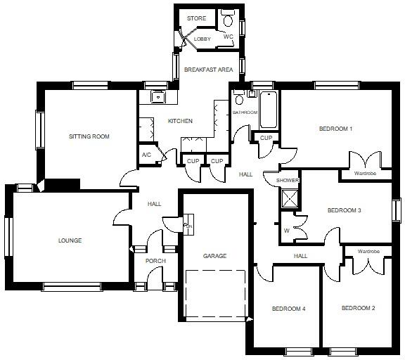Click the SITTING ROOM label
[89, 136]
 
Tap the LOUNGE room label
[70, 240]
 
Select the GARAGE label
[214, 256]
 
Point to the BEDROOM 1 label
[335, 129]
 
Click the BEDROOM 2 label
[358, 308]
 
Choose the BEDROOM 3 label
[345, 210]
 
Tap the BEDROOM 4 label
[289, 309]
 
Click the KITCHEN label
[180, 121]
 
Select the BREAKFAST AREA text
[208, 70]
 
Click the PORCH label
[155, 262]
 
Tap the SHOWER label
[288, 181]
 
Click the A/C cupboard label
[146, 155]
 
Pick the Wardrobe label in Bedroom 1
[366, 173]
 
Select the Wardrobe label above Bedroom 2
[368, 251]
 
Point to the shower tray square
[288, 198]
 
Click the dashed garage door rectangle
[215, 293]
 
